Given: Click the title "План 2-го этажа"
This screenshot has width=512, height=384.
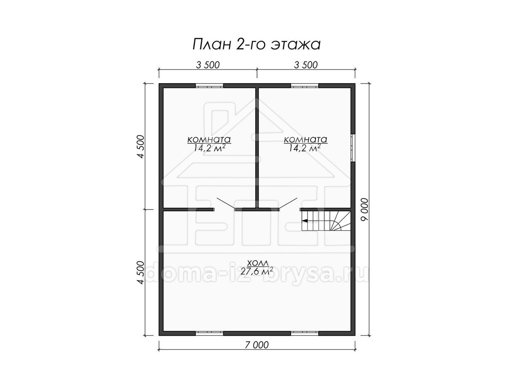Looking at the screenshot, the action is tap(256, 44).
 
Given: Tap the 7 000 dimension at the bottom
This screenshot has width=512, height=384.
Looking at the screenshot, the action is tap(257, 345).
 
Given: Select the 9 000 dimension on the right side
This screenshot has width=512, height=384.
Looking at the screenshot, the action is tap(364, 209).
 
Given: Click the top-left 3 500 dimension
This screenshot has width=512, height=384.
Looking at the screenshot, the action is tap(208, 65).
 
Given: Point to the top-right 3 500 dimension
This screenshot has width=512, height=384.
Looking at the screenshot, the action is tap(306, 65).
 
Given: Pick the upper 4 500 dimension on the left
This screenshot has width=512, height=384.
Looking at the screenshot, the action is tap(141, 147).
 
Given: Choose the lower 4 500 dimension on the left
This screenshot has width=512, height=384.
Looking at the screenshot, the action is tap(141, 273).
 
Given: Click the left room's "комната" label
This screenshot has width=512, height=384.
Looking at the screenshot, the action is tap(209, 140).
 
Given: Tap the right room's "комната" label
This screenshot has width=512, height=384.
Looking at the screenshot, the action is tap(305, 140).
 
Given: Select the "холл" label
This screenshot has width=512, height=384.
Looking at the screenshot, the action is tap(258, 263).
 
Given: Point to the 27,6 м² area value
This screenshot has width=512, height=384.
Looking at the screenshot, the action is tap(256, 271).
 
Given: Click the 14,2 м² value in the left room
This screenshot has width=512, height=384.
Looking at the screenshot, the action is tap(209, 148).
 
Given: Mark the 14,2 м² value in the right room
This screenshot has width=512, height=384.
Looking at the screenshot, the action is tap(305, 148).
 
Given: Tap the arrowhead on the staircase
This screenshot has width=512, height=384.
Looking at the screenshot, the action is tap(304, 221).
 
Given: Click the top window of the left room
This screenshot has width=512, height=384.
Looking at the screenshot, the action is tap(209, 86).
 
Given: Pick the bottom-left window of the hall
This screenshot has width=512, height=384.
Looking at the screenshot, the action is tap(209, 333).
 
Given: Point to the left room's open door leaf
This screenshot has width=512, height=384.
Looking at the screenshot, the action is tap(226, 203).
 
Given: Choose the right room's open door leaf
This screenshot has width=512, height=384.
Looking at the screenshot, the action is tap(288, 203).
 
